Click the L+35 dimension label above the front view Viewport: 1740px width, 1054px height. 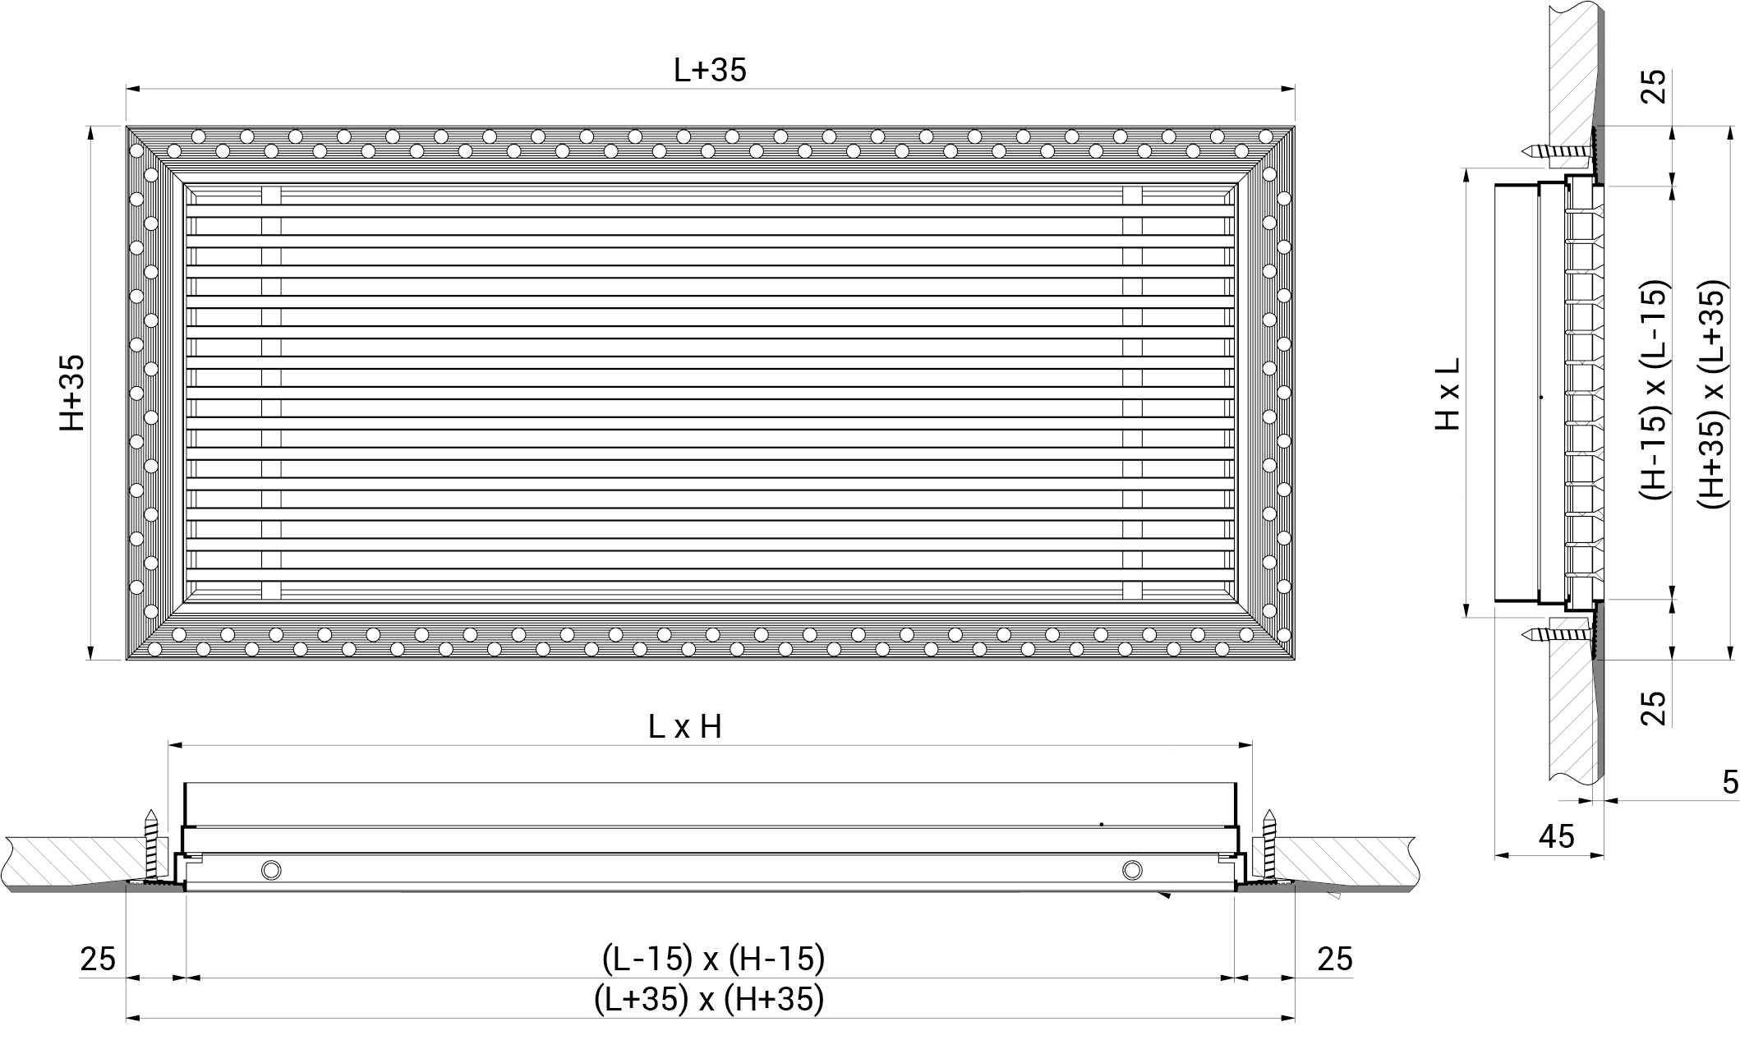[x=710, y=71]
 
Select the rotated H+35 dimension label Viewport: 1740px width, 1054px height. [x=71, y=393]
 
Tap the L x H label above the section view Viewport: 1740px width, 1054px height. [x=684, y=727]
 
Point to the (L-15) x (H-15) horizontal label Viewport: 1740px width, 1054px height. [x=713, y=958]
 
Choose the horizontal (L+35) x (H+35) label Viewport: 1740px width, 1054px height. [x=709, y=999]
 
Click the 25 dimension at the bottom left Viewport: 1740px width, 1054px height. [x=98, y=959]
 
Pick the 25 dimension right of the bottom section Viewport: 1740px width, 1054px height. [x=1334, y=959]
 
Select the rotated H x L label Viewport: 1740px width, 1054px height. [x=1448, y=393]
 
